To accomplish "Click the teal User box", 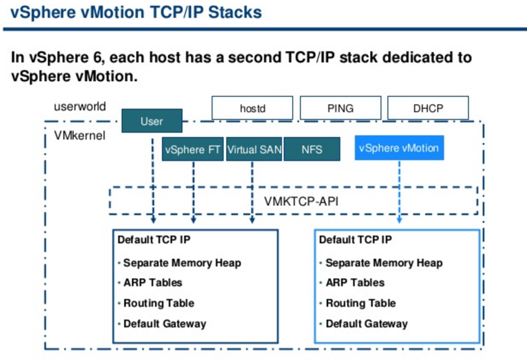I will click(x=152, y=121).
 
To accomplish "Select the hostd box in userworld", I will click(x=252, y=109).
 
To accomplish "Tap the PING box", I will click(x=340, y=109).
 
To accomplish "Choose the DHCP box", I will click(x=428, y=109).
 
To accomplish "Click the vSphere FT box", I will click(x=192, y=149).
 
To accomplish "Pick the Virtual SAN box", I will click(x=254, y=149).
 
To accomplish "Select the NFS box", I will click(x=312, y=149).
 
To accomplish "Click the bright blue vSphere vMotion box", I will click(x=399, y=148).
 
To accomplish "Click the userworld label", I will click(x=80, y=107).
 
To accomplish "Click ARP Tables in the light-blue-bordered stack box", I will click(x=355, y=283).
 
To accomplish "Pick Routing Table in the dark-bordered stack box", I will click(x=159, y=303).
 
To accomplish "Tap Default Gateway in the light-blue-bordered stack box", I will click(x=366, y=324).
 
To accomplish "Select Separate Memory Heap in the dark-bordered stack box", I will click(x=182, y=263).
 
